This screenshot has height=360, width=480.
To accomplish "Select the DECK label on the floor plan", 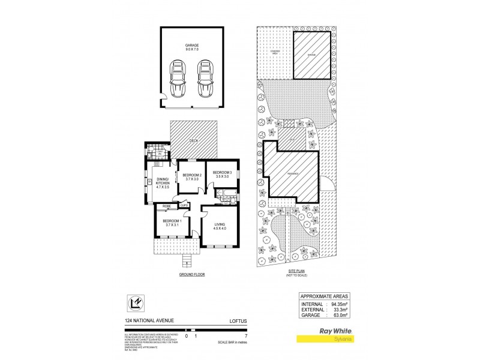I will click(x=193, y=141).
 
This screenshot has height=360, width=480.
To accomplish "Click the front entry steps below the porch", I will click(x=186, y=262).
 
